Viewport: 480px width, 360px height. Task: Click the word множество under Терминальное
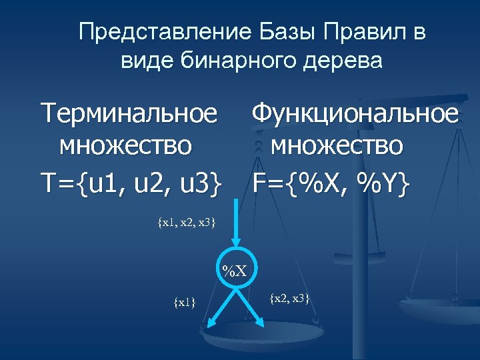click(x=126, y=145)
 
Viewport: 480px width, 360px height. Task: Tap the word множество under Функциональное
click(x=337, y=145)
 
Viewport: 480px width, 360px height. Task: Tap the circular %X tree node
click(x=235, y=271)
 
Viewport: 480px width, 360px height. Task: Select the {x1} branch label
click(x=184, y=303)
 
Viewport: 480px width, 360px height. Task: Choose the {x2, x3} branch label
click(x=289, y=298)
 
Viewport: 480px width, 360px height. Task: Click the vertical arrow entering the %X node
click(x=235, y=227)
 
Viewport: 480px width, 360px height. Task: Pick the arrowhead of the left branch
click(x=209, y=324)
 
